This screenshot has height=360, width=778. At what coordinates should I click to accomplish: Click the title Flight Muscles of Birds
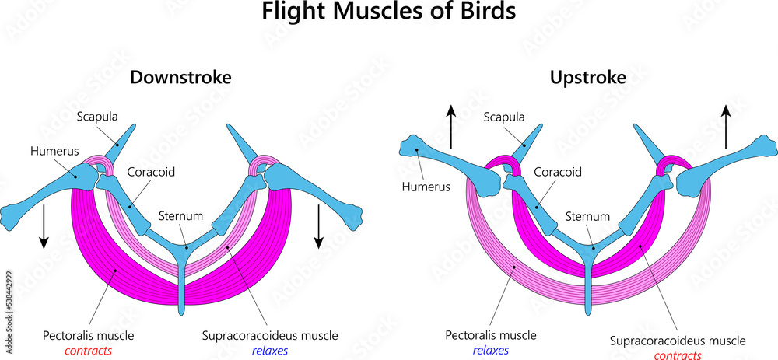pyautogui.click(x=388, y=13)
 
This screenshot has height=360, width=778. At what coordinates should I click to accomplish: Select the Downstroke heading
pyautogui.click(x=180, y=78)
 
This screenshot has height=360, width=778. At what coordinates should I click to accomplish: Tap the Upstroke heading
pyautogui.click(x=587, y=78)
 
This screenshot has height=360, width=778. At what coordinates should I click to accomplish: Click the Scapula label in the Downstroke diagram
pyautogui.click(x=96, y=117)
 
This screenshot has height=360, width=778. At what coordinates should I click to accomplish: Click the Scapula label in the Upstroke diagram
pyautogui.click(x=504, y=117)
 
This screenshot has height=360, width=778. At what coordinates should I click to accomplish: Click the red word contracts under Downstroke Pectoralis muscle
pyautogui.click(x=88, y=351)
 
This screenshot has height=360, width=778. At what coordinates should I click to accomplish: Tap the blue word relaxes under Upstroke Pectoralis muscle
pyautogui.click(x=490, y=351)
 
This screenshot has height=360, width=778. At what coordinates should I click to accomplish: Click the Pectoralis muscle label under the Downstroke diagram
pyautogui.click(x=88, y=336)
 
